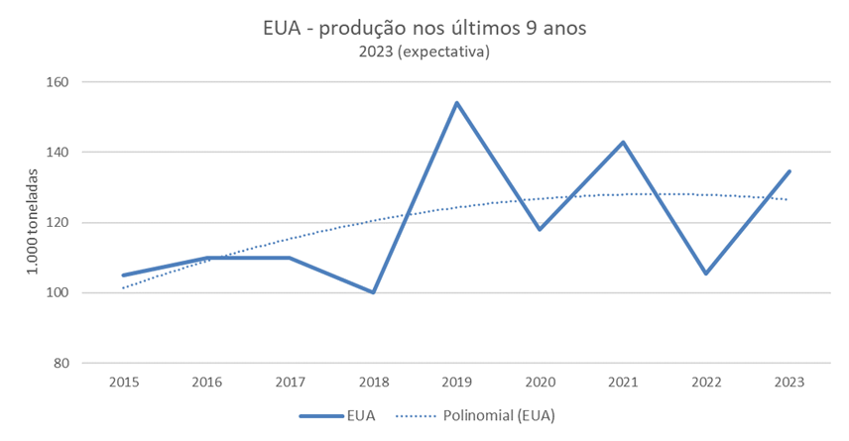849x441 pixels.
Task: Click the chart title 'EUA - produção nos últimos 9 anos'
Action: pos(424,28)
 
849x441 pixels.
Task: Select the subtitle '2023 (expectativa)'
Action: pos(424,52)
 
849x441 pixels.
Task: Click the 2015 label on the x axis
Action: pos(124,382)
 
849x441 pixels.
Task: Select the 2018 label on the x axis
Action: pos(374,382)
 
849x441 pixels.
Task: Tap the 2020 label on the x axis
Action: pos(540,382)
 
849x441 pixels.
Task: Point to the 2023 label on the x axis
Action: pos(789,382)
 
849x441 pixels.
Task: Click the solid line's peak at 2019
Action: pos(457,102)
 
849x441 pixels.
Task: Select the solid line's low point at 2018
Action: pos(374,292)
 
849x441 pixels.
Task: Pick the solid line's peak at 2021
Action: pos(623,142)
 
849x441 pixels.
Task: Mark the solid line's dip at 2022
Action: pos(706,274)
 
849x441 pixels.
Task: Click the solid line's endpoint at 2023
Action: pos(789,171)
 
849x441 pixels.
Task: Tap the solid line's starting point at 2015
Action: pos(124,276)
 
